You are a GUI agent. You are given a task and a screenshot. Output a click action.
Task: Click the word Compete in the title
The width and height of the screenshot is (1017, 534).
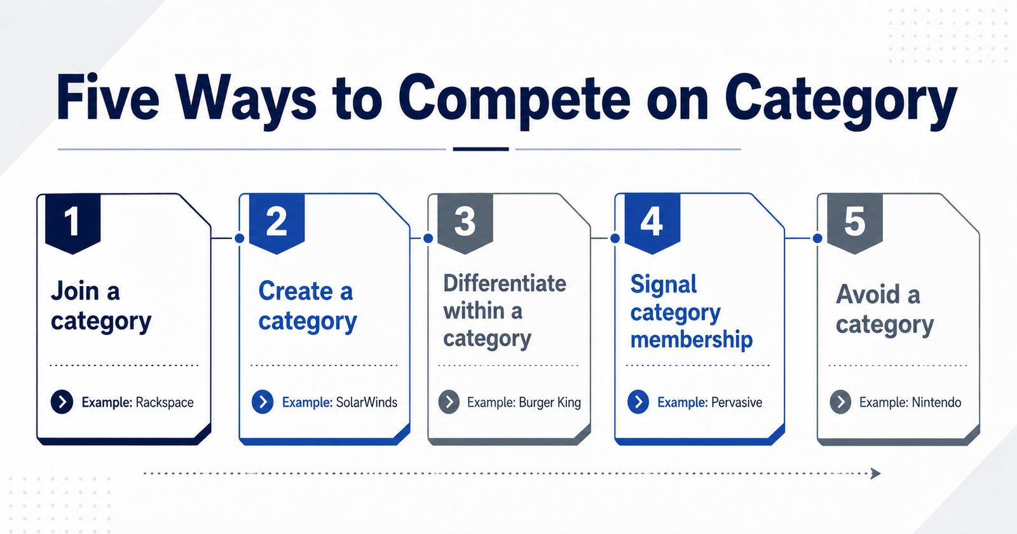(514, 100)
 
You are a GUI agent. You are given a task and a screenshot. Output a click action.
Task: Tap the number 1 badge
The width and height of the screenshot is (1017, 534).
(72, 223)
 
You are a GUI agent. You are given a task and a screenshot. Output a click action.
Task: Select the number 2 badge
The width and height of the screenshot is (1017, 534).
(276, 223)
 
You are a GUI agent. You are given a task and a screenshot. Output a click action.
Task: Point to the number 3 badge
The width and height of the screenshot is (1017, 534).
(465, 223)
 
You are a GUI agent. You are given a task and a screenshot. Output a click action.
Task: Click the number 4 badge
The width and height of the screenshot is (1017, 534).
(652, 223)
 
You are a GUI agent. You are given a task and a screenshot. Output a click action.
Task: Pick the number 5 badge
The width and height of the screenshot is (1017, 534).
(855, 223)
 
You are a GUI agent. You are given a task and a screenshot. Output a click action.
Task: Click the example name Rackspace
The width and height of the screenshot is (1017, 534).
(165, 402)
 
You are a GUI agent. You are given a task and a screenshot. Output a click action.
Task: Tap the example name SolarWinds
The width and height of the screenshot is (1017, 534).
(367, 402)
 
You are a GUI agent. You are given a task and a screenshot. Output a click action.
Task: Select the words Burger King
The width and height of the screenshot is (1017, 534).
(550, 402)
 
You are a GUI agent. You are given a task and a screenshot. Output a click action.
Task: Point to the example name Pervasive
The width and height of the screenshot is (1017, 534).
(737, 402)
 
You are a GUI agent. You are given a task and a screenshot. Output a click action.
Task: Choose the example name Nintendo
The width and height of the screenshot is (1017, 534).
(936, 402)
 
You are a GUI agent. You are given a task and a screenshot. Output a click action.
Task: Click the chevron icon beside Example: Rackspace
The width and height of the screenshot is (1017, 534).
(62, 402)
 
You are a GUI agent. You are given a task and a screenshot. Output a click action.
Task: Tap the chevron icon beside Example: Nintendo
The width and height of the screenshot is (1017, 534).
(841, 402)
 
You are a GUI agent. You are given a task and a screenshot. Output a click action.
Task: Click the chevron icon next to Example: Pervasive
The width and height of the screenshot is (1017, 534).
(638, 402)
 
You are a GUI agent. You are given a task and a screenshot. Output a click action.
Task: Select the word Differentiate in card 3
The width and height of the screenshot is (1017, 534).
(505, 284)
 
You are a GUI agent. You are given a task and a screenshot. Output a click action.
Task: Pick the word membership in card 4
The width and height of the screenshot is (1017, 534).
(692, 339)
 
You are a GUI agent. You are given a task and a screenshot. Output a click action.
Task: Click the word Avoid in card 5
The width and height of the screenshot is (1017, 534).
(867, 294)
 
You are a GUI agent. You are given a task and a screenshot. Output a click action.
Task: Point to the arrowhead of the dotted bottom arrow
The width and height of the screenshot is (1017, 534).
(876, 474)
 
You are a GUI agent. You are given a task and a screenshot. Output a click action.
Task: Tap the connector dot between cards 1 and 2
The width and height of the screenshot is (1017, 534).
(240, 238)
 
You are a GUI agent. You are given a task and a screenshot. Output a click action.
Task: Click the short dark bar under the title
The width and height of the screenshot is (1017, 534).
(481, 149)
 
